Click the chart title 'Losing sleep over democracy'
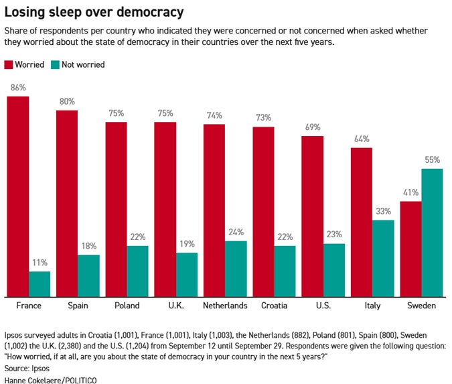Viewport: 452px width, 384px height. (94, 13)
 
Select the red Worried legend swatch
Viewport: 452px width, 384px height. (9, 65)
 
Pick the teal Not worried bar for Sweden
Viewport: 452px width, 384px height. (432, 233)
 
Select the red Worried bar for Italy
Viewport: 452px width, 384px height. (362, 222)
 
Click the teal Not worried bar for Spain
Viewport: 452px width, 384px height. (88, 275)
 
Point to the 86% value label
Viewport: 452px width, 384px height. (17, 88)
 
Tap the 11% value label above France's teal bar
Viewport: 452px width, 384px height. (40, 263)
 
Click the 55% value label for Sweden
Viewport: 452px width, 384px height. (432, 160)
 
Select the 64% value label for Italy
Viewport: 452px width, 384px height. (362, 139)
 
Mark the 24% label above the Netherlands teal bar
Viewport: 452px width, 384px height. (236, 233)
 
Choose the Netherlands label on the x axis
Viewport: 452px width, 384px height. (225, 306)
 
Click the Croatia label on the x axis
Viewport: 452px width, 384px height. (274, 306)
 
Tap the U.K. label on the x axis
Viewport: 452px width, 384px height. (175, 306)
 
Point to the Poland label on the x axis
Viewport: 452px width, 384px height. (127, 306)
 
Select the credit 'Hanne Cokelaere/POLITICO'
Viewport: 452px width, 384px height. (50, 379)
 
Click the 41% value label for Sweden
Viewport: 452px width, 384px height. (410, 192)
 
